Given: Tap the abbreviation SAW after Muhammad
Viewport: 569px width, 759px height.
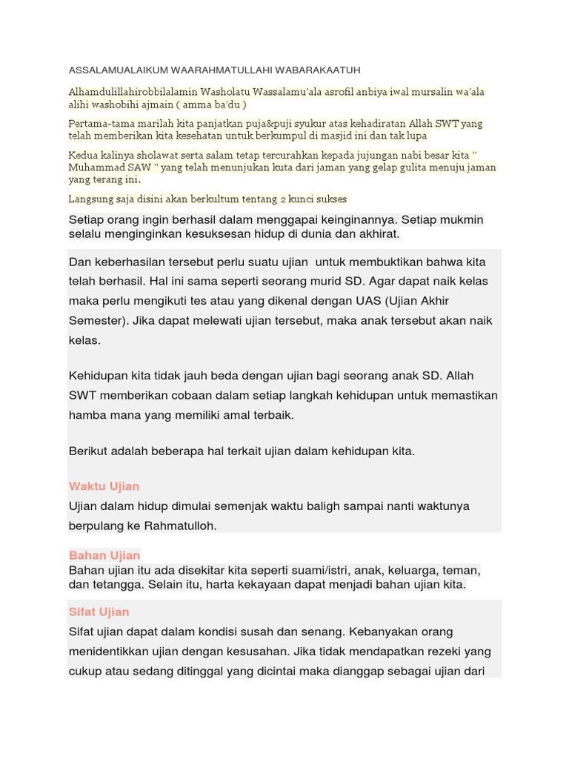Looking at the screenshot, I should pos(137,168).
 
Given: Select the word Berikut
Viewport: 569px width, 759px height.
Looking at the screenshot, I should pos(88,451).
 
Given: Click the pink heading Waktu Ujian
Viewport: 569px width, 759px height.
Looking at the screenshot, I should pos(104,486).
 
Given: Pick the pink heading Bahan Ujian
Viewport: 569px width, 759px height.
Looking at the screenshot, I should pos(104,555).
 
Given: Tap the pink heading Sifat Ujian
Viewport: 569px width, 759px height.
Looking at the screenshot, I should pos(99,611).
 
